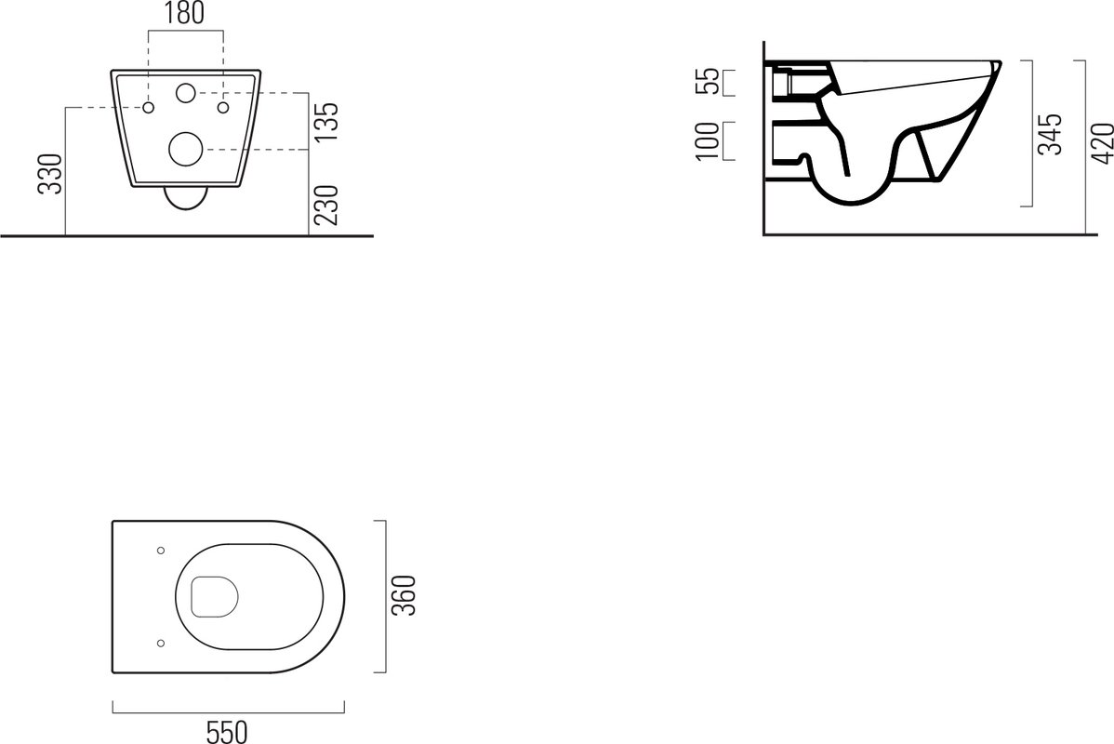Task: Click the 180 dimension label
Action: click(185, 13)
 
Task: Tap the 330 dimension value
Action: click(52, 174)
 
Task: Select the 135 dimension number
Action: click(326, 122)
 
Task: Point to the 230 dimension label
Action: click(326, 206)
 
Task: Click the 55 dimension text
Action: click(707, 82)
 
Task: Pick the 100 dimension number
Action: click(708, 141)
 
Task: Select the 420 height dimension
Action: click(1102, 143)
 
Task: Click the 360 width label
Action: click(404, 595)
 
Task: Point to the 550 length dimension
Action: click(227, 731)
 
